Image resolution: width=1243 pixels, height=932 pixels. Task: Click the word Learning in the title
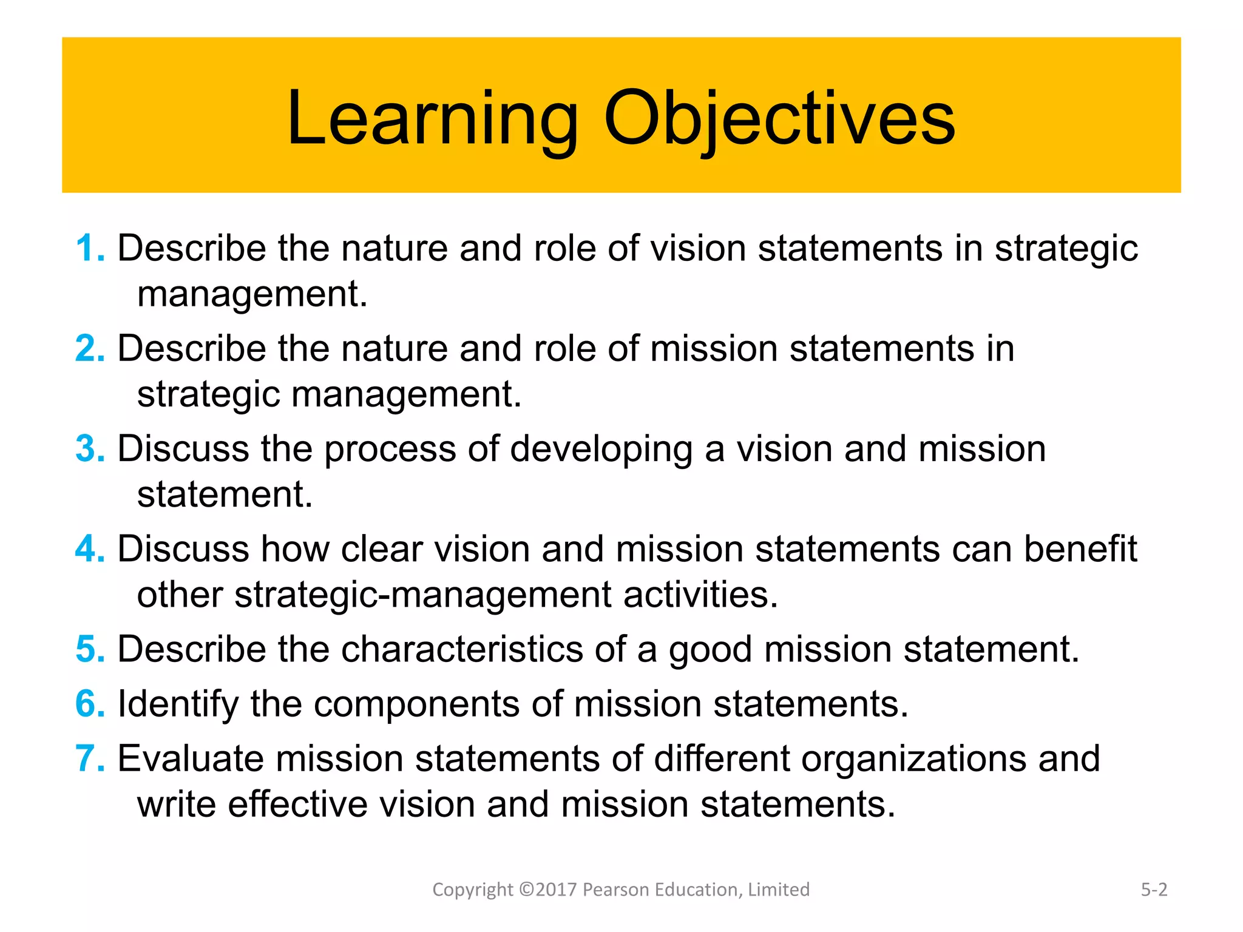pyautogui.click(x=432, y=118)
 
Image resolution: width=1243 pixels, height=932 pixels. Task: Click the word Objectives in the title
pyautogui.click(x=779, y=118)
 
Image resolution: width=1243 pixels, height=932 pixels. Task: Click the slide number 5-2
pyautogui.click(x=1154, y=890)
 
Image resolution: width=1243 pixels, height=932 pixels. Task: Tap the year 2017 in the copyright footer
pyautogui.click(x=555, y=890)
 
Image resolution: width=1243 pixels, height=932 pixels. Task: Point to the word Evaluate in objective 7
pyautogui.click(x=191, y=759)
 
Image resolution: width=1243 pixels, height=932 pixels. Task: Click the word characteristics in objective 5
pyautogui.click(x=462, y=649)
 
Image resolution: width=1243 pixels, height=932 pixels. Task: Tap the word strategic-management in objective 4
pyautogui.click(x=422, y=595)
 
